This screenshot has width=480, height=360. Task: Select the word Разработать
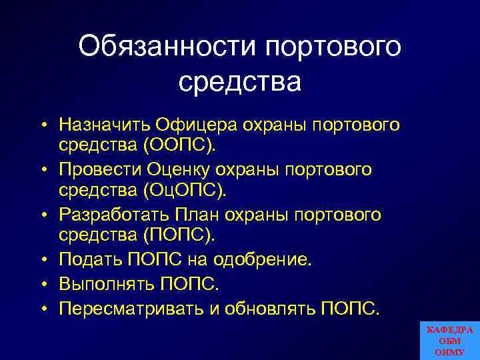(x=113, y=215)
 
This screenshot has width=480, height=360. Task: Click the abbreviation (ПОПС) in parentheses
(x=175, y=235)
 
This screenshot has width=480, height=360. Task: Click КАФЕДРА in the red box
(x=450, y=330)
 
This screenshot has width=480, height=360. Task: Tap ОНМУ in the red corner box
(x=450, y=352)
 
